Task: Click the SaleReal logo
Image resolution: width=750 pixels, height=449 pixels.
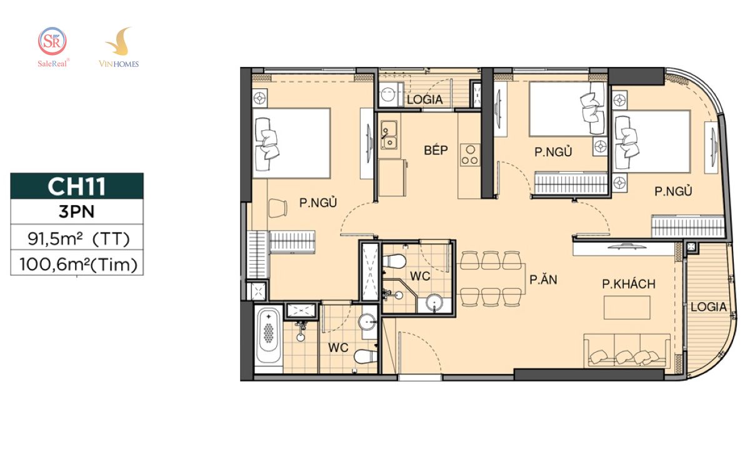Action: click(x=53, y=47)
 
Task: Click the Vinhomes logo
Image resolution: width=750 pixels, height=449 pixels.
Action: click(x=119, y=47)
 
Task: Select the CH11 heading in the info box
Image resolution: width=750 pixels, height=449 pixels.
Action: click(x=77, y=186)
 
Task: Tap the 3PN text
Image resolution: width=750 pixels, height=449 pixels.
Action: click(x=77, y=212)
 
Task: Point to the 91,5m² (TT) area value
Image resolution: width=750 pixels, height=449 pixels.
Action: click(x=78, y=239)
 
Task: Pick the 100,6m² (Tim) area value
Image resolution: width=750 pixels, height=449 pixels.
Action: click(x=78, y=265)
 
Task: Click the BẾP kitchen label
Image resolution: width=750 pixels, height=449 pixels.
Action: click(x=436, y=150)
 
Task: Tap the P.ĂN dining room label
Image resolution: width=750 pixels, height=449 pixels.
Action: click(x=543, y=279)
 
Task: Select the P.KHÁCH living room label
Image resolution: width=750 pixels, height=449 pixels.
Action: click(x=629, y=284)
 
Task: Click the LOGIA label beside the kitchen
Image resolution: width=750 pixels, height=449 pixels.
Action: click(x=425, y=99)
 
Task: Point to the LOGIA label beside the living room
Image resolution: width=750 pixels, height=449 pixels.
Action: click(x=709, y=307)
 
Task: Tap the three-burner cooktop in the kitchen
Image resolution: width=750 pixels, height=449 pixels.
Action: click(x=470, y=155)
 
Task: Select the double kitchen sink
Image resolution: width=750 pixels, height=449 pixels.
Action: click(x=389, y=135)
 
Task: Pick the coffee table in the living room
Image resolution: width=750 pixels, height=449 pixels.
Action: click(x=627, y=307)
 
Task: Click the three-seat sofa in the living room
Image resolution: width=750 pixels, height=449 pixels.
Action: click(x=627, y=350)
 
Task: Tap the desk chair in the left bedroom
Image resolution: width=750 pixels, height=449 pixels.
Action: click(x=277, y=208)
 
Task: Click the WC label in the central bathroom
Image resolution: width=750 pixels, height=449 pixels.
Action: click(x=420, y=276)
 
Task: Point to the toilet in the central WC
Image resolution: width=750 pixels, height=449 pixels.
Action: click(x=394, y=261)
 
